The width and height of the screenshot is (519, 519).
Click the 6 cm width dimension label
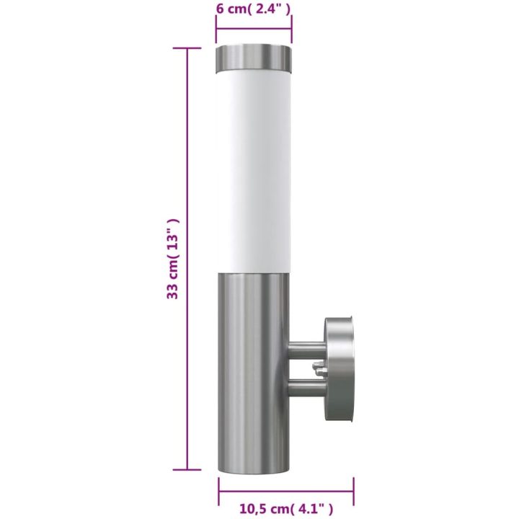point(253,9)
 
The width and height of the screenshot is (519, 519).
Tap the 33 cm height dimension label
point(173,259)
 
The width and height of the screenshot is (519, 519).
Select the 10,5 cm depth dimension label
point(287,509)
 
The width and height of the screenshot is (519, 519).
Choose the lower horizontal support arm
point(307,389)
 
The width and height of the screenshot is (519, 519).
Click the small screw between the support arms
point(319,369)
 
